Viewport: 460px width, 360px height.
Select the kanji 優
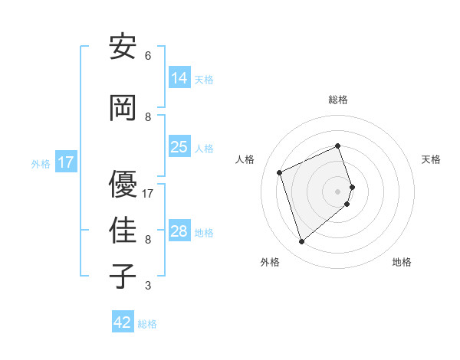point(123,184)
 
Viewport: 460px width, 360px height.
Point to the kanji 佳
point(123,230)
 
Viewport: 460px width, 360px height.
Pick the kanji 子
point(123,276)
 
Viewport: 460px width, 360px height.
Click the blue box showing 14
point(179,78)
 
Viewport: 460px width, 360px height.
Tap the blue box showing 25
point(179,147)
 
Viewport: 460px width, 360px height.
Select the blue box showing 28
point(179,231)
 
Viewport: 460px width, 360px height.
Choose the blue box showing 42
point(123,322)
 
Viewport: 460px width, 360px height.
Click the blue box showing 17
point(66,162)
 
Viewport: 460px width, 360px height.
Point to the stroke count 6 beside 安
point(148,56)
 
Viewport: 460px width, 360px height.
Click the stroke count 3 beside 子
point(148,286)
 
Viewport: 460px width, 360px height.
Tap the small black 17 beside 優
point(149,194)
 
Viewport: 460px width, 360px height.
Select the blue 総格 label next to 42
point(147,324)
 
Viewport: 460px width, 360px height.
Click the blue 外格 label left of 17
point(41,163)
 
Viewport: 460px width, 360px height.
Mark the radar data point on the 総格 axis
point(338,146)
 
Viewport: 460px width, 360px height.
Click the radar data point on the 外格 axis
point(301,242)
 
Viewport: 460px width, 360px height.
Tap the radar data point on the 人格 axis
point(280,172)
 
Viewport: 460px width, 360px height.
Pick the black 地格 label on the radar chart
point(402,262)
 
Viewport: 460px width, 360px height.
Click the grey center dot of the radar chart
point(338,191)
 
